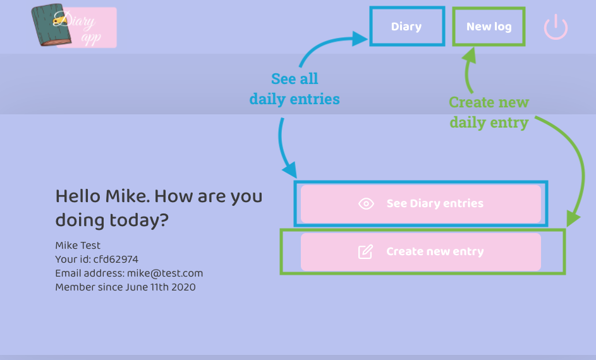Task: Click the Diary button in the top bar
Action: [406, 27]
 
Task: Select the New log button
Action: [489, 27]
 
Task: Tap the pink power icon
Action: [556, 28]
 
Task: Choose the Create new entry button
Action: [420, 251]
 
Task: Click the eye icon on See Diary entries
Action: [366, 203]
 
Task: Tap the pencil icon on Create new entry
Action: [365, 251]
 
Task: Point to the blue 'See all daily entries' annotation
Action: [295, 89]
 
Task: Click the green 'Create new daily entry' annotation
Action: [489, 112]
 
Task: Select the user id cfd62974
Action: [116, 260]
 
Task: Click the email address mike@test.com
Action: [165, 273]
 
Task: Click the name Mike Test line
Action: [78, 246]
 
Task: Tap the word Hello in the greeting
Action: [78, 196]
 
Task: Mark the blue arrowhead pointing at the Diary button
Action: [360, 39]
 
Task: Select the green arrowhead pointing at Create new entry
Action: [573, 218]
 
